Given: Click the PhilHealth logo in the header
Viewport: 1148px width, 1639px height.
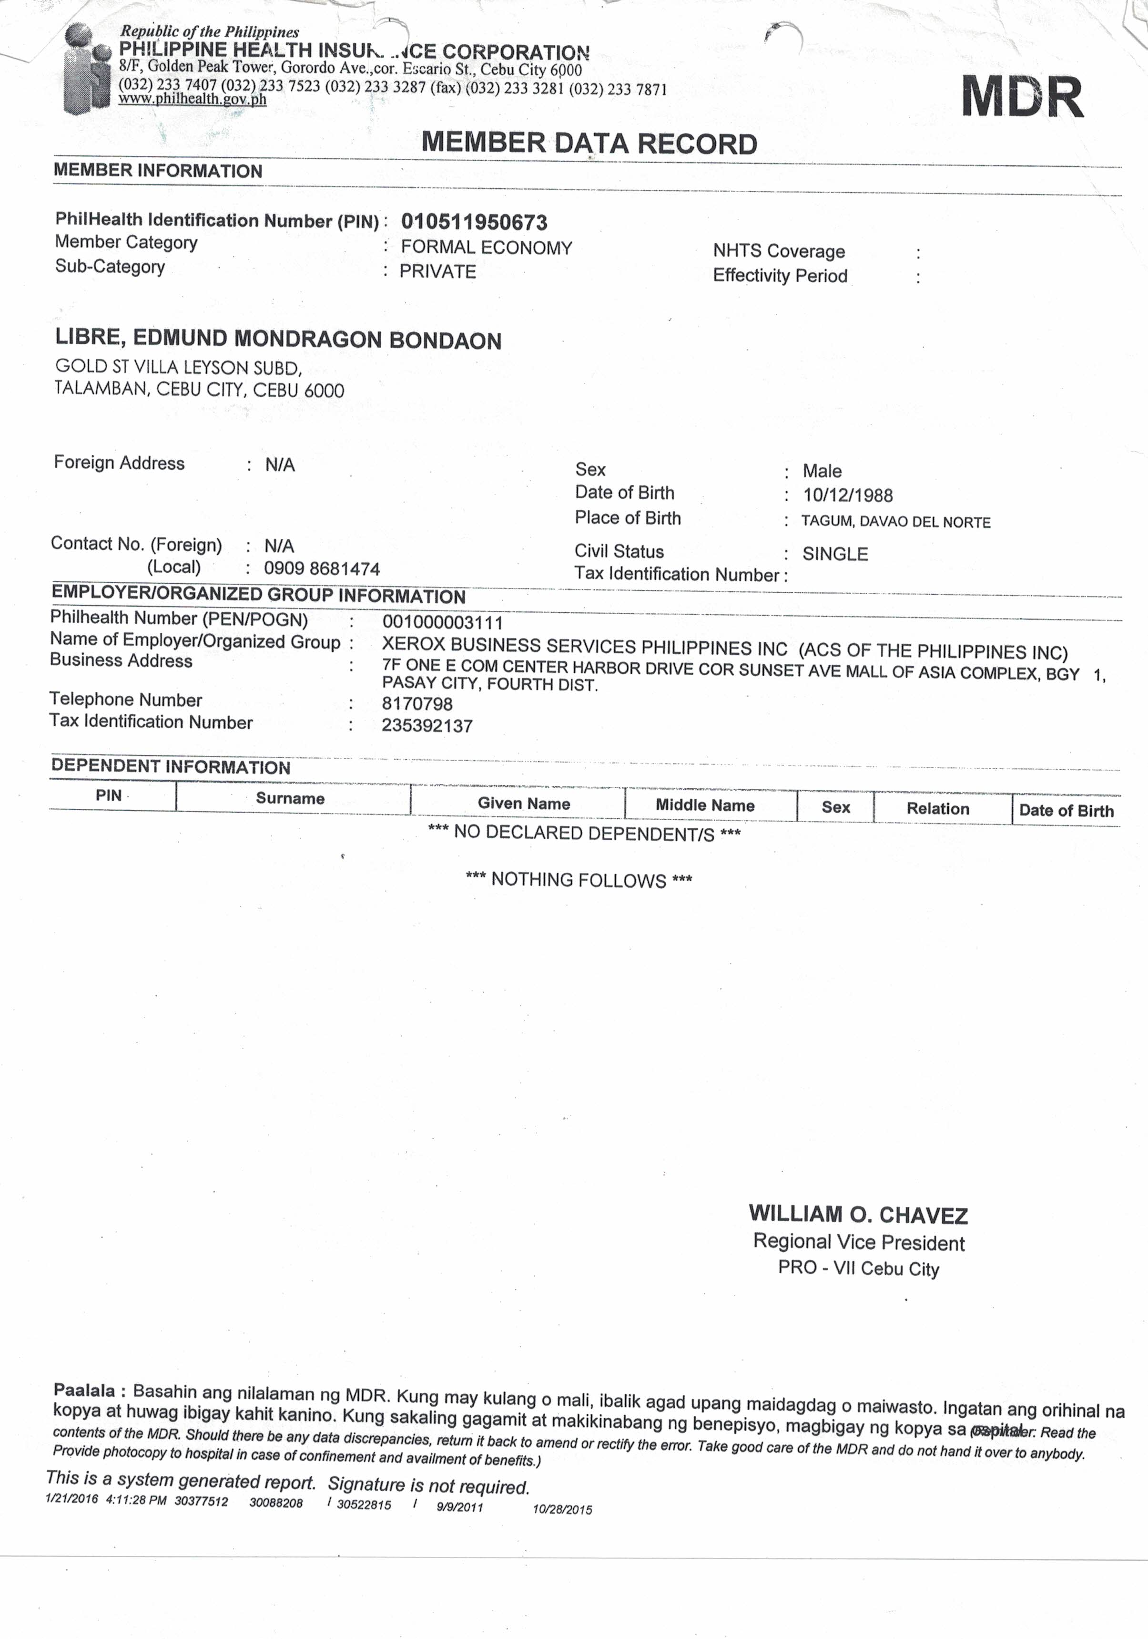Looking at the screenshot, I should (87, 69).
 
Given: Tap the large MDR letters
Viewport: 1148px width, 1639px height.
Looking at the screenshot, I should (1022, 97).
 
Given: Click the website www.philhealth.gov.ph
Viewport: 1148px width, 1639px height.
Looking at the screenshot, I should (193, 99).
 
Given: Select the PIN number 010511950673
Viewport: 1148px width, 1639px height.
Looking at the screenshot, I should (474, 222).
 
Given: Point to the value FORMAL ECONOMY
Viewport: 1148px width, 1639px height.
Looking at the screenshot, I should (486, 247).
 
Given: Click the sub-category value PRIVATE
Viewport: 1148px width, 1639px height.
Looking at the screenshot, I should (437, 272).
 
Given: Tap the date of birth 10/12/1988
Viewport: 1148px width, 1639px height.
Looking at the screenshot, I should (848, 495).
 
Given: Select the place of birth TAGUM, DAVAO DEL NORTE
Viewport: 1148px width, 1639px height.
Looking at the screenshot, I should (895, 522).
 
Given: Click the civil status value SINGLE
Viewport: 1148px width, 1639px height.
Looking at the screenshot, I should (835, 554).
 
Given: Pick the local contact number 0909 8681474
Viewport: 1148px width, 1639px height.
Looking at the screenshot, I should (322, 569).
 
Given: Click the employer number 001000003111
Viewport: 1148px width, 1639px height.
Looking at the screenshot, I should (442, 622).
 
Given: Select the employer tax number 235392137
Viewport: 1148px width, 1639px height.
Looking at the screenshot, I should (427, 726).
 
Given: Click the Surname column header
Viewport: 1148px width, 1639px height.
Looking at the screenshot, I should (290, 798).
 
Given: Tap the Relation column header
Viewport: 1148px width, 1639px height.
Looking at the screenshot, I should (937, 809).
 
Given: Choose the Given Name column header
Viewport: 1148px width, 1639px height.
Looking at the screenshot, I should (524, 803).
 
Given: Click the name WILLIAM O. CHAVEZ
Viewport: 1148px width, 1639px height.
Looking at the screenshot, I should (858, 1214).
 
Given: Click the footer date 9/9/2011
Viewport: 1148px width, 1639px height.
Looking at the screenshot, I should (459, 1507).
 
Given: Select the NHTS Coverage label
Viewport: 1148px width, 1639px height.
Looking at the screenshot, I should (778, 251).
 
